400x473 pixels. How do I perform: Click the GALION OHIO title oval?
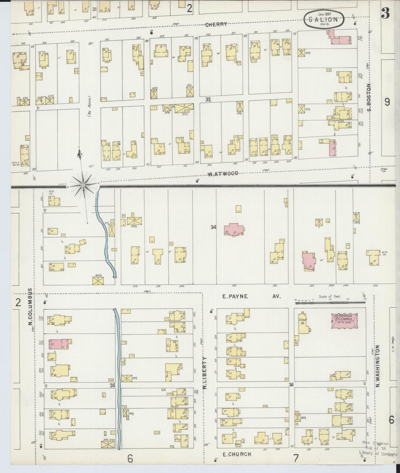pyautogui.click(x=324, y=19)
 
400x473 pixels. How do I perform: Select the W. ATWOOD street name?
pyautogui.click(x=223, y=173)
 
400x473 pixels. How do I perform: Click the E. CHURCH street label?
pyautogui.click(x=237, y=454)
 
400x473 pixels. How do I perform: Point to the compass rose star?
pyautogui.click(x=84, y=184)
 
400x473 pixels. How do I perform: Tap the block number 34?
pyautogui.click(x=213, y=227)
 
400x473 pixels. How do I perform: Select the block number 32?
pyautogui.click(x=208, y=100)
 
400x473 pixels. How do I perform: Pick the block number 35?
pyautogui.click(x=112, y=385)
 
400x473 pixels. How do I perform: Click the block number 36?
pyautogui.click(x=291, y=384)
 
